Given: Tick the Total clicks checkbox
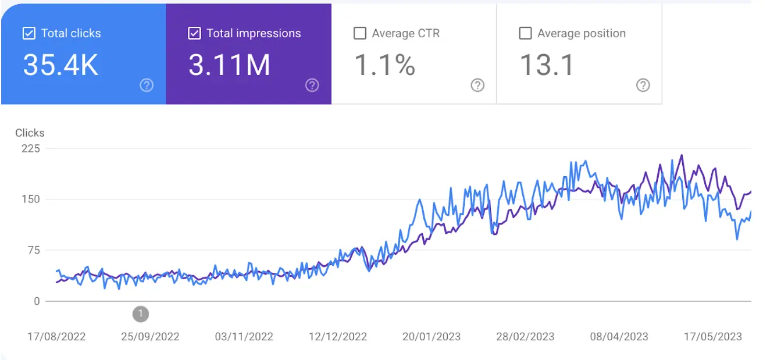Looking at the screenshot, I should (28, 33).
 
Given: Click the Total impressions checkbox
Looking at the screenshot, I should (194, 33).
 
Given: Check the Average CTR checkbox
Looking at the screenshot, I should (360, 33).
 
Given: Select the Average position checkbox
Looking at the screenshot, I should (525, 33).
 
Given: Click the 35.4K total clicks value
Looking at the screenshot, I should (60, 65).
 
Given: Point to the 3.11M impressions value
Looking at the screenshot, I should (229, 65).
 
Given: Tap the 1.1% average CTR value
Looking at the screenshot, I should (384, 65).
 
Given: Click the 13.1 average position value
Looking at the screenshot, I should (546, 65).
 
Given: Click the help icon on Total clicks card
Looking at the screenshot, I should (147, 85).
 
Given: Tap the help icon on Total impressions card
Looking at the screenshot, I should (312, 85).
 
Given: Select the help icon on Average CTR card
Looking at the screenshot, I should (477, 85).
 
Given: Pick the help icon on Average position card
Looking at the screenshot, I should (643, 85).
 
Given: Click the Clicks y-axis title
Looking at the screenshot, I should (30, 133).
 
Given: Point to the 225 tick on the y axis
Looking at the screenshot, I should (30, 148).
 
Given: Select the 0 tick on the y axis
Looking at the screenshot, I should (37, 301).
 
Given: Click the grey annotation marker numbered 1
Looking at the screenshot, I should (140, 314).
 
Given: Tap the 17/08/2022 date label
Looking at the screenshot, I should (56, 337).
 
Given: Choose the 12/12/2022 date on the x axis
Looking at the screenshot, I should (338, 337).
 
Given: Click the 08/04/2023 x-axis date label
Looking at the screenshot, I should (619, 337).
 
